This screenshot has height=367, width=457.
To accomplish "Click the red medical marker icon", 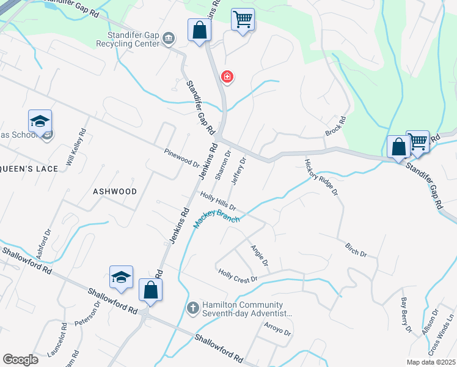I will (x=227, y=76).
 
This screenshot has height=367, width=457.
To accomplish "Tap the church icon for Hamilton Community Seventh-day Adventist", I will (x=192, y=307).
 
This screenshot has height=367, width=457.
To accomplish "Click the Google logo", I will (x=20, y=359).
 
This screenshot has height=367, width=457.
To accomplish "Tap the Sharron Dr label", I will (x=223, y=165).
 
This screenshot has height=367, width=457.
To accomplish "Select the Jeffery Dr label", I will (x=238, y=171).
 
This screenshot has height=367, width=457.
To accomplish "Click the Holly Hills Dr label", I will (x=218, y=202).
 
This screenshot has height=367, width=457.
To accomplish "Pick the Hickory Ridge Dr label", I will (x=321, y=177).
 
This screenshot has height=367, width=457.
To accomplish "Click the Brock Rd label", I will (x=335, y=127).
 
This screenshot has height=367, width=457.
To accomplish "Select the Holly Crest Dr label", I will (x=238, y=276).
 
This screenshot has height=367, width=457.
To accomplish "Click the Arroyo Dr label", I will (x=278, y=329).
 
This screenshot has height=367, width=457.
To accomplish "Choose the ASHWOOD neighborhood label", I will (x=115, y=191).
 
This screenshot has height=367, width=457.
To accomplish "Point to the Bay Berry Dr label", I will (x=404, y=311).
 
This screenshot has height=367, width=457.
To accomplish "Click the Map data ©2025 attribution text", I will (x=431, y=362).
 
